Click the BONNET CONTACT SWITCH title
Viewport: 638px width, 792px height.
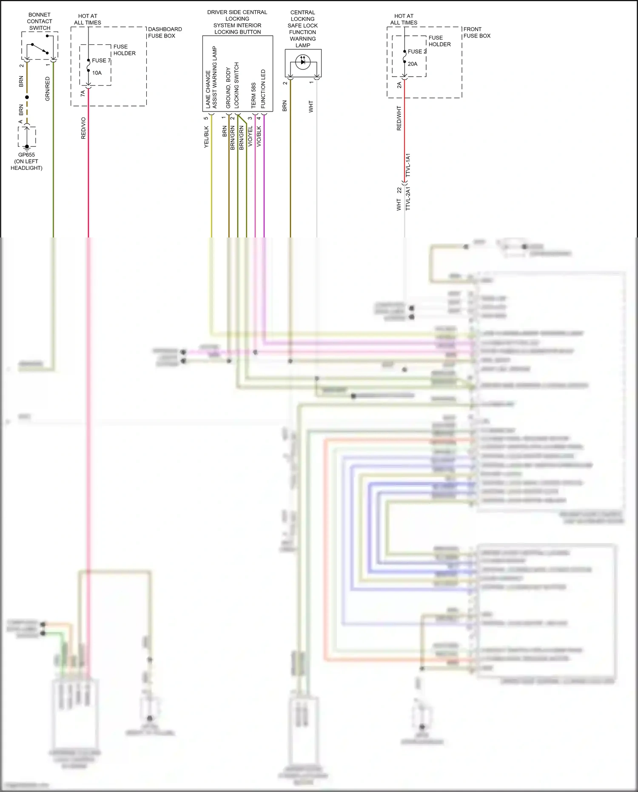(x=40, y=21)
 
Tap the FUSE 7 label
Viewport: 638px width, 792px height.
(x=101, y=60)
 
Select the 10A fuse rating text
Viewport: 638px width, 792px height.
(x=97, y=73)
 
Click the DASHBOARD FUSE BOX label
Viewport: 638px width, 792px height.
(x=165, y=32)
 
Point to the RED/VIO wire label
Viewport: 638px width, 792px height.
(x=83, y=128)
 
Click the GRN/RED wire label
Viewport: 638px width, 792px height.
(x=47, y=89)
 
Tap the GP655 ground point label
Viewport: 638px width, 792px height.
(x=26, y=155)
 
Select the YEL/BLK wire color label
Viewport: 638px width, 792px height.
(x=206, y=137)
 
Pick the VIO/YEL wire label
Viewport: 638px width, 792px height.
(x=250, y=136)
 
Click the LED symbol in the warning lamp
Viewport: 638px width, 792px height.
(x=303, y=62)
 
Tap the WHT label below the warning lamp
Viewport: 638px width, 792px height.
(x=311, y=106)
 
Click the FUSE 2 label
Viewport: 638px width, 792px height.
(x=417, y=51)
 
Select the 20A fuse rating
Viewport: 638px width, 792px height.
(x=413, y=64)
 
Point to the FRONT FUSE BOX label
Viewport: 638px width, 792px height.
(x=476, y=32)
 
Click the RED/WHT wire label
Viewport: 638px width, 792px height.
(x=399, y=118)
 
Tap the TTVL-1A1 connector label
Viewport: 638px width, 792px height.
(x=408, y=165)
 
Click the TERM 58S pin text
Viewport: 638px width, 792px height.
(x=253, y=95)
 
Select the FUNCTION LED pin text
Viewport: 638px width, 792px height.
(x=263, y=89)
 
